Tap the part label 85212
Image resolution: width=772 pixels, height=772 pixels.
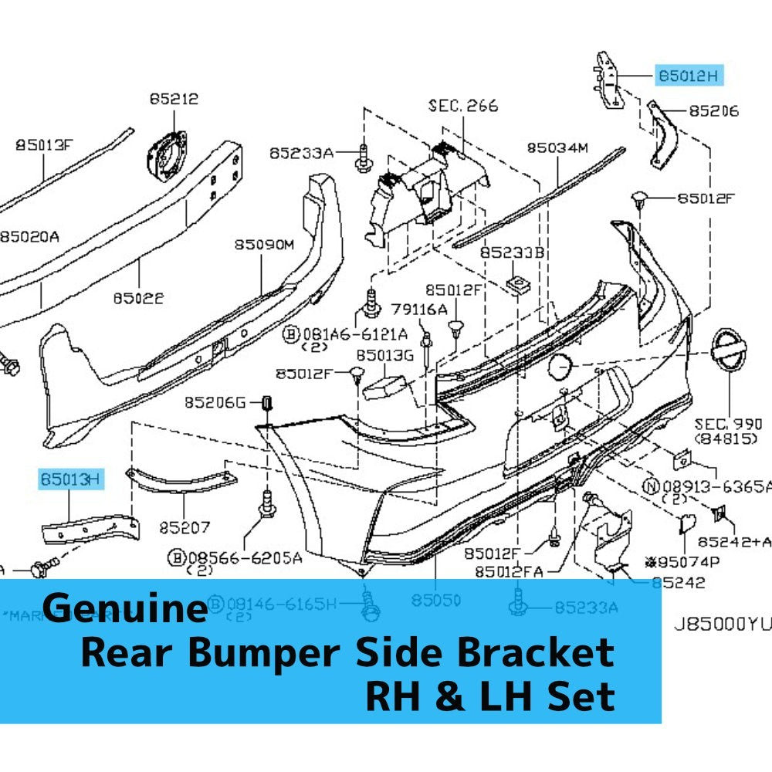(174, 99)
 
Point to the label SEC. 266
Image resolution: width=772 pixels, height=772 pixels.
(463, 106)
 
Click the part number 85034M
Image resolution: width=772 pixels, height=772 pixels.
(557, 147)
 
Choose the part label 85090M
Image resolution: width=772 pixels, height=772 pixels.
(265, 245)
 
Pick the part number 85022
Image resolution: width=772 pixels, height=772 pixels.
(138, 297)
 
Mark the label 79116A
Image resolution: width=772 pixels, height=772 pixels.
(418, 309)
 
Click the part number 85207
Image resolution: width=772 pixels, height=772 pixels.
(185, 528)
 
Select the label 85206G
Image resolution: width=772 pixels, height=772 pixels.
(214, 402)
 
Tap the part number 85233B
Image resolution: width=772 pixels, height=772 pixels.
(512, 252)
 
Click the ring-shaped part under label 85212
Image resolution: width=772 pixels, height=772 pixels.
(167, 155)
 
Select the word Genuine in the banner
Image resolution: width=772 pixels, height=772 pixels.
(125, 608)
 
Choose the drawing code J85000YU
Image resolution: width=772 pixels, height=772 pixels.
(720, 624)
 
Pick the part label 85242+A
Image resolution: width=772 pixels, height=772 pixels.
(734, 542)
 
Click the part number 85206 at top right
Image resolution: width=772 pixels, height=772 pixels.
(713, 111)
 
